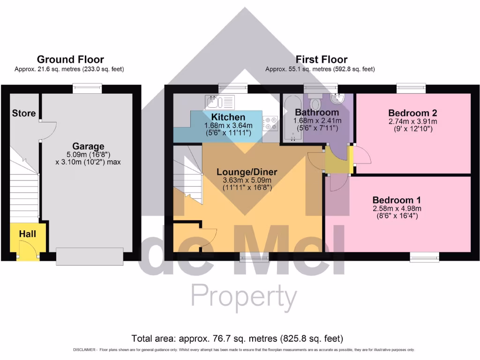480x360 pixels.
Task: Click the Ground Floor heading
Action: coord(70,60)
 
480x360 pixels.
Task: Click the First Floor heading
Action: coord(321,60)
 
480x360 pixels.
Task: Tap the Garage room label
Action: coord(88,146)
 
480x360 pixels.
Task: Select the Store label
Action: coord(23,113)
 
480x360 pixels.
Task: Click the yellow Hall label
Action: coord(28,233)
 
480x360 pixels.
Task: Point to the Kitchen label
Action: coord(228,117)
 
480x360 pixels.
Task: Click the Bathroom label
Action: coord(316,112)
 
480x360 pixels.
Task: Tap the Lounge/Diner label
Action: coord(247,172)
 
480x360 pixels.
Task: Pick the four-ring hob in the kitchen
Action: coord(270,123)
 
